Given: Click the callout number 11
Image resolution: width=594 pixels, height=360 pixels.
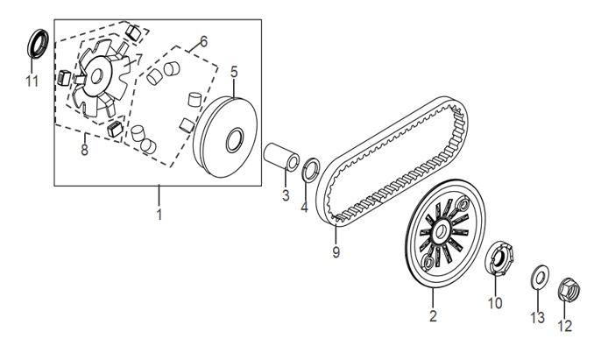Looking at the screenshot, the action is coord(32,81).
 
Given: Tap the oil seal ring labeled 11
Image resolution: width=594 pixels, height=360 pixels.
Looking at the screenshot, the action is coord(38,43).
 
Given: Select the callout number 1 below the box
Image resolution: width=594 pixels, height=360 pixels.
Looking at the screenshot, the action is coord(159,215).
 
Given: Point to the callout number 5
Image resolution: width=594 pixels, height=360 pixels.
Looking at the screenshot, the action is coord(234,72).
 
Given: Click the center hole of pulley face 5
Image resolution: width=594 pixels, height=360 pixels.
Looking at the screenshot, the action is coord(235,140).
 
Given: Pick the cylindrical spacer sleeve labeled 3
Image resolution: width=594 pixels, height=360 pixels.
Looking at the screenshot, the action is coord(281,157).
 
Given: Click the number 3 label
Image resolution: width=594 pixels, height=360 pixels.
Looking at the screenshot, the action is coord(286,195).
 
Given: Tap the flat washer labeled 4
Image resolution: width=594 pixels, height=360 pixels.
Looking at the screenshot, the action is coord(311,170).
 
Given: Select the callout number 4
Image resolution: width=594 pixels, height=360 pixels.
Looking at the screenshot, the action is coord(304,207).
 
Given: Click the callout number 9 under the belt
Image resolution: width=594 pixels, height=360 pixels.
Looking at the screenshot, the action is coord(336,251).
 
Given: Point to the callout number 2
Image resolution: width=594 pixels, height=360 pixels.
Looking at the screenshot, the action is coord(433,316).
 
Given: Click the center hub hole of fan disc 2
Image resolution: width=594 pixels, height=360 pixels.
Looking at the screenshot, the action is coord(441,231).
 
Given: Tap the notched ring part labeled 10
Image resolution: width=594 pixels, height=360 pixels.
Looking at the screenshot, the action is coord(499,258).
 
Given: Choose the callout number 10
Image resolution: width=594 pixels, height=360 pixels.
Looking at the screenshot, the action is coord(495,303).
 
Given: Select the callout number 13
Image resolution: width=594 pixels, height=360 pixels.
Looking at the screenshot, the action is coord(538,318).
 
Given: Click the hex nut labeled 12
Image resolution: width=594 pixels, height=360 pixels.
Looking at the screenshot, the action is coord(569,291).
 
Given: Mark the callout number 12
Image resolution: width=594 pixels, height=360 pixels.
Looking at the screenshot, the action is coord(565,326).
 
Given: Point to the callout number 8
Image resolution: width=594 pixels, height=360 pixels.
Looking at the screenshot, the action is coord(84,150).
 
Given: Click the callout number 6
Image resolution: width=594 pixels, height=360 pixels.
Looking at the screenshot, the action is coord(204,42).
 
